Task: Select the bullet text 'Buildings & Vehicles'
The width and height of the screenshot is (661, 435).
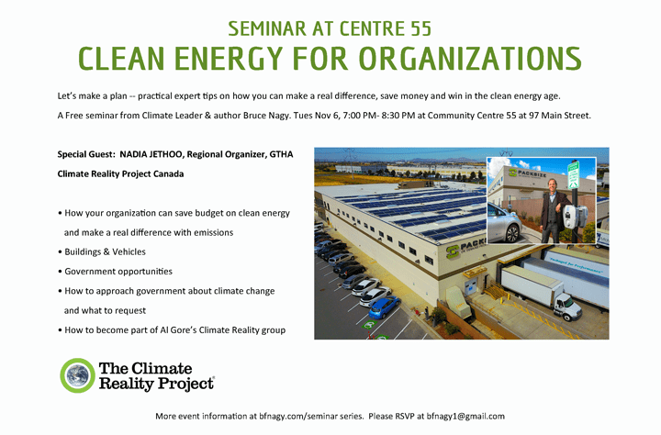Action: click(105, 251)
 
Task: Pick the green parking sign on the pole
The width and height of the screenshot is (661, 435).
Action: click(574, 173)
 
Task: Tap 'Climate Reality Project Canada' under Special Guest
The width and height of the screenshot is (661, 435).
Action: click(120, 173)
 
